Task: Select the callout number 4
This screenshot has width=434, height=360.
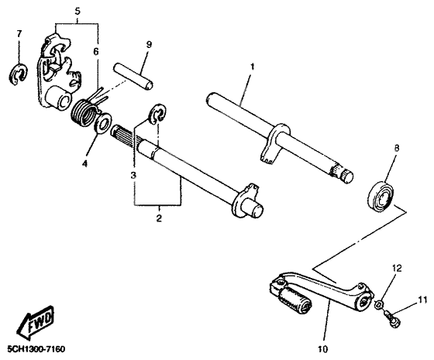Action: tap(86, 163)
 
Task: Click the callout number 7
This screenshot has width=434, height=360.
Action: tap(19, 34)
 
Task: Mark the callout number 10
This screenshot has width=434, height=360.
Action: tap(323, 338)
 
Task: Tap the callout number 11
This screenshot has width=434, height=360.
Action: tap(423, 297)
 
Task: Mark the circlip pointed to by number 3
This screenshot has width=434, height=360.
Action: tap(158, 115)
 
